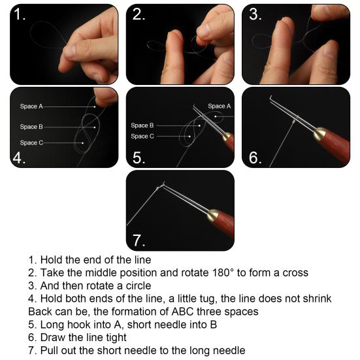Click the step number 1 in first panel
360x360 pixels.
click(20, 15)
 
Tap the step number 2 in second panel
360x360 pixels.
click(139, 15)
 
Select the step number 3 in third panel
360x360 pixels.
click(255, 15)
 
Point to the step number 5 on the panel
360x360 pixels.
click(139, 157)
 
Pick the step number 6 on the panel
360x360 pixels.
click(255, 157)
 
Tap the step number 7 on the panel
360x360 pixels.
click(139, 240)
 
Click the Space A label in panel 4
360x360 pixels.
click(31, 106)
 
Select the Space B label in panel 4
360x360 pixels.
click(31, 127)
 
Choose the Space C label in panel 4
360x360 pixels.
click(31, 142)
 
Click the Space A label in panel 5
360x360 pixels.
click(220, 106)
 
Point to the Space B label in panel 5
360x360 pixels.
click(142, 125)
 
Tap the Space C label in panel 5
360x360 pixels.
click(142, 136)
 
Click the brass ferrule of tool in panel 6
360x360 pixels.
click(321, 135)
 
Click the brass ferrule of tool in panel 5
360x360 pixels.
click(227, 138)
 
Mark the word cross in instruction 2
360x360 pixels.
click(293, 272)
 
